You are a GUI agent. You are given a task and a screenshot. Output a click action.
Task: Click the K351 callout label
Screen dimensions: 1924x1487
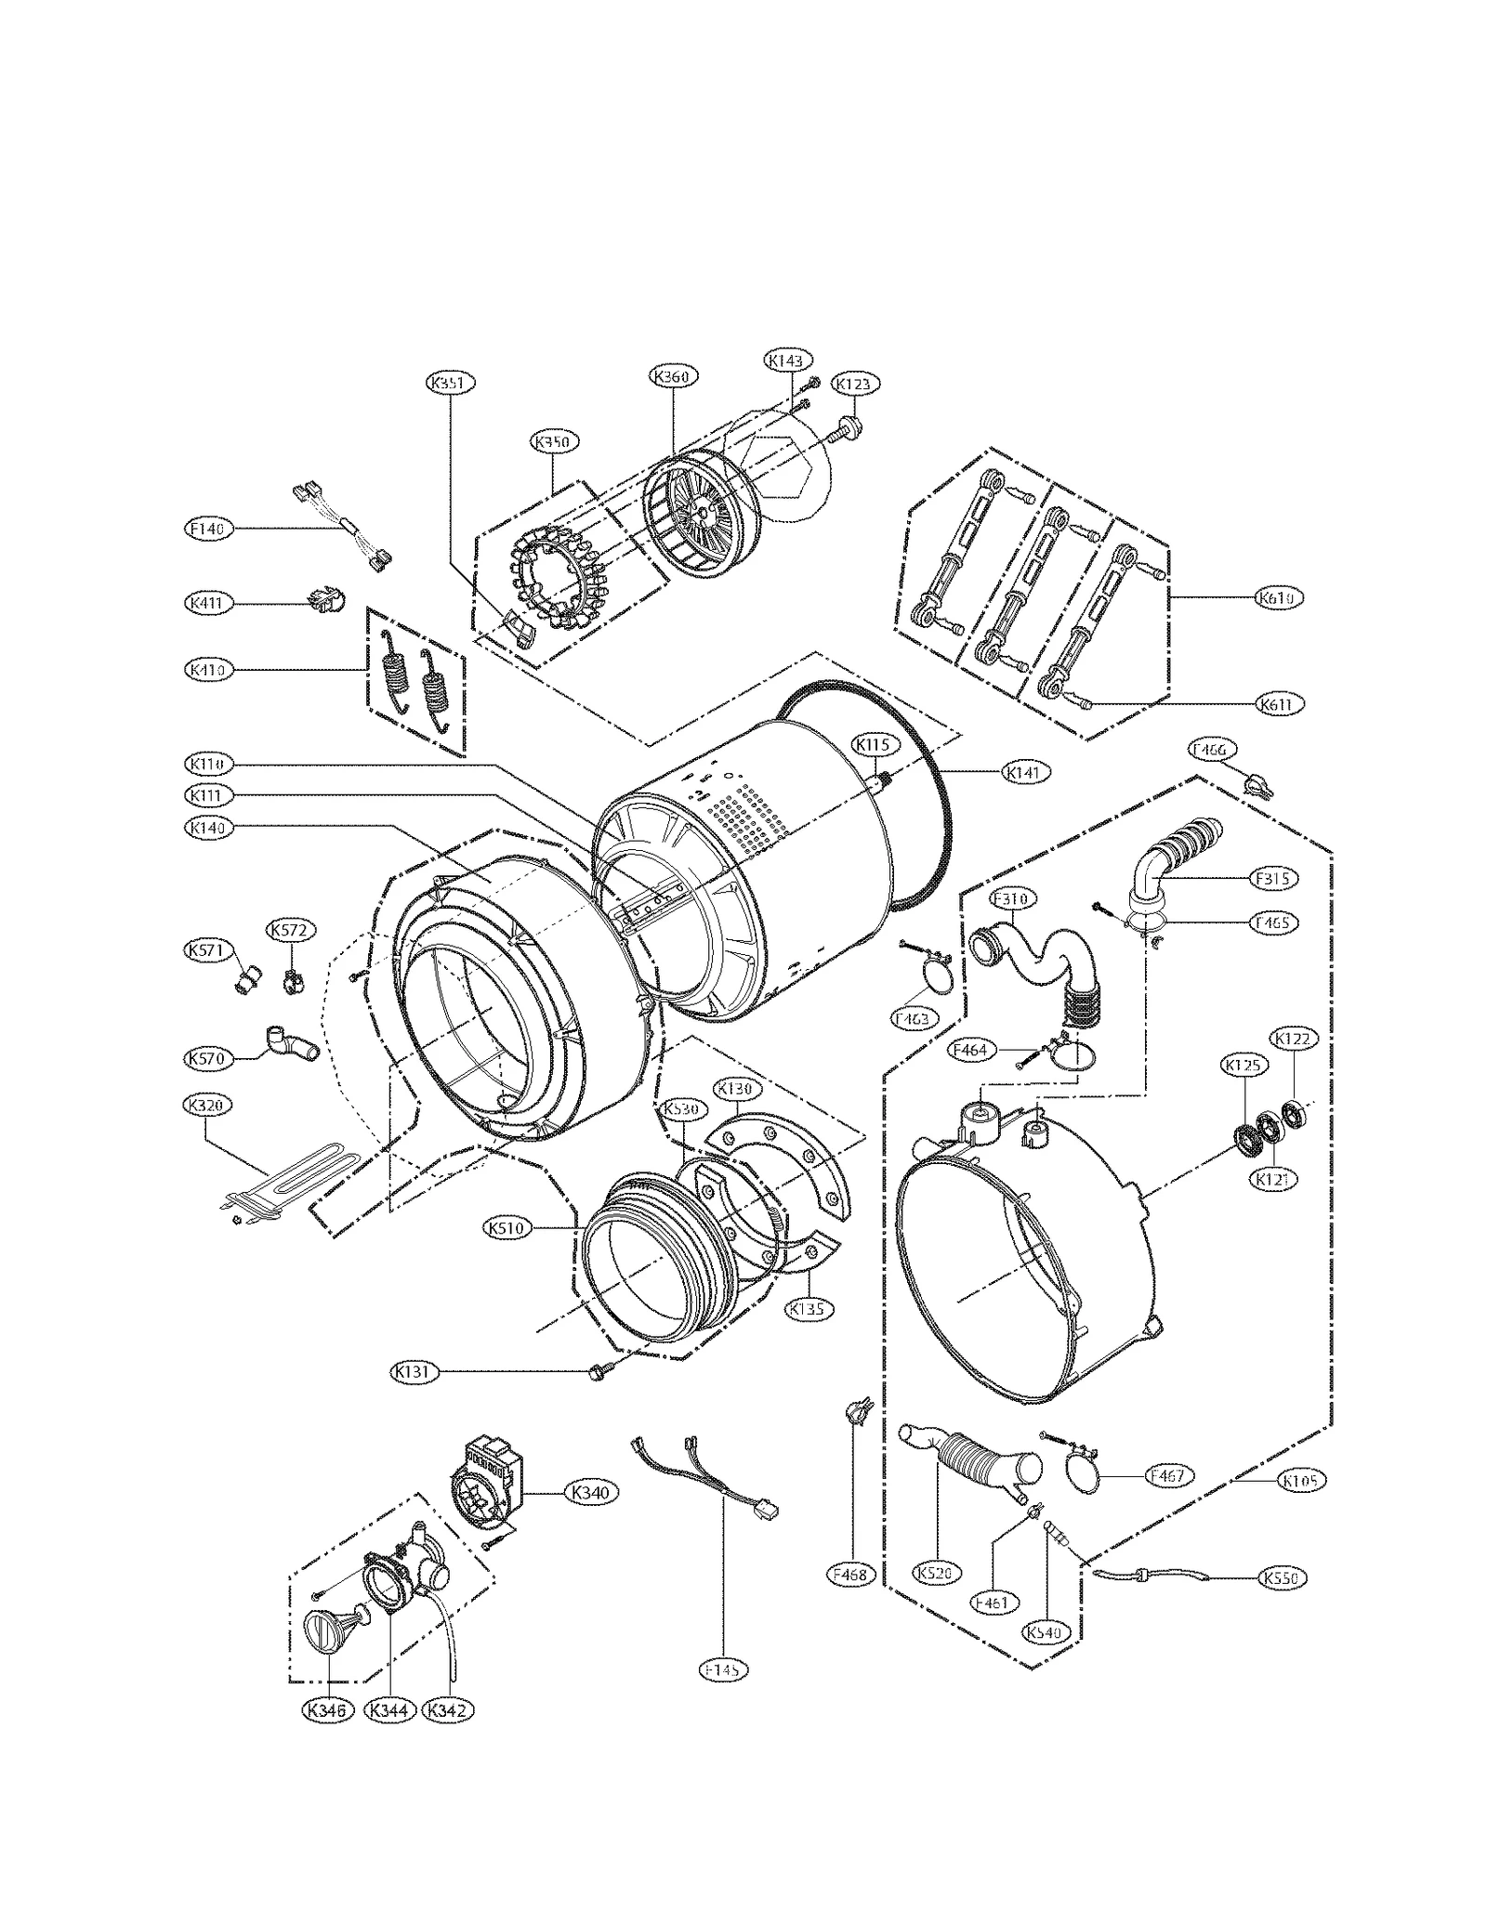pos(452,383)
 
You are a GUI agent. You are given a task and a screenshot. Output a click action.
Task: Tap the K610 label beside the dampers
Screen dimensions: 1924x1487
pos(1280,598)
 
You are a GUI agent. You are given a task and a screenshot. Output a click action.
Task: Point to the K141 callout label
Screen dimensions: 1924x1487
pos(1025,772)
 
